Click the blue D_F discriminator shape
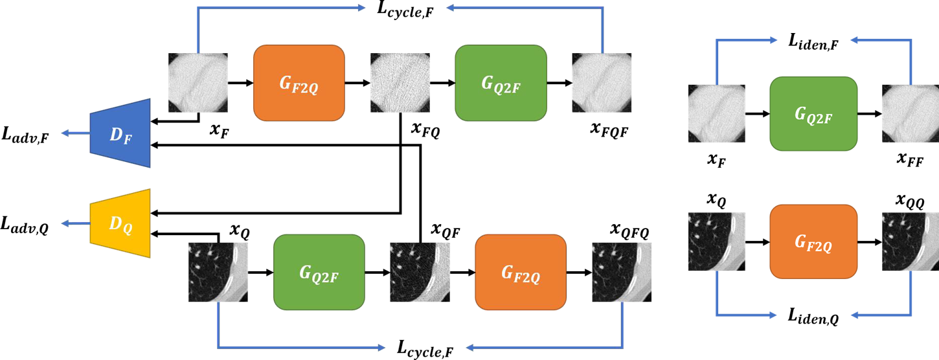(120, 133)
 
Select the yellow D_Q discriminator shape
(120, 223)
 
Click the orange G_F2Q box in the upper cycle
(299, 83)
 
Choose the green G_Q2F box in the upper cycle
(501, 83)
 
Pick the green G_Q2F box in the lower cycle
(319, 272)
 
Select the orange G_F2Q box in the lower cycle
(521, 272)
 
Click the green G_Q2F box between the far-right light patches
(813, 114)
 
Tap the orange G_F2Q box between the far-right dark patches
(813, 242)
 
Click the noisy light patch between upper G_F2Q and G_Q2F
(400, 83)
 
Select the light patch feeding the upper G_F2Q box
(198, 83)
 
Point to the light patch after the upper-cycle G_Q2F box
(602, 83)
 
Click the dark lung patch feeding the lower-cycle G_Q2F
(218, 272)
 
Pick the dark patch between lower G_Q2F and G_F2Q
(420, 272)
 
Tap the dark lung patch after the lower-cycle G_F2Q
(622, 272)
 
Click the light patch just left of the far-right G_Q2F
(717, 113)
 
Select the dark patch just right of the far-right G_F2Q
(911, 242)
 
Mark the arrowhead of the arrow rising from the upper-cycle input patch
(363, 8)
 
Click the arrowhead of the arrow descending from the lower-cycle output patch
(470, 348)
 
